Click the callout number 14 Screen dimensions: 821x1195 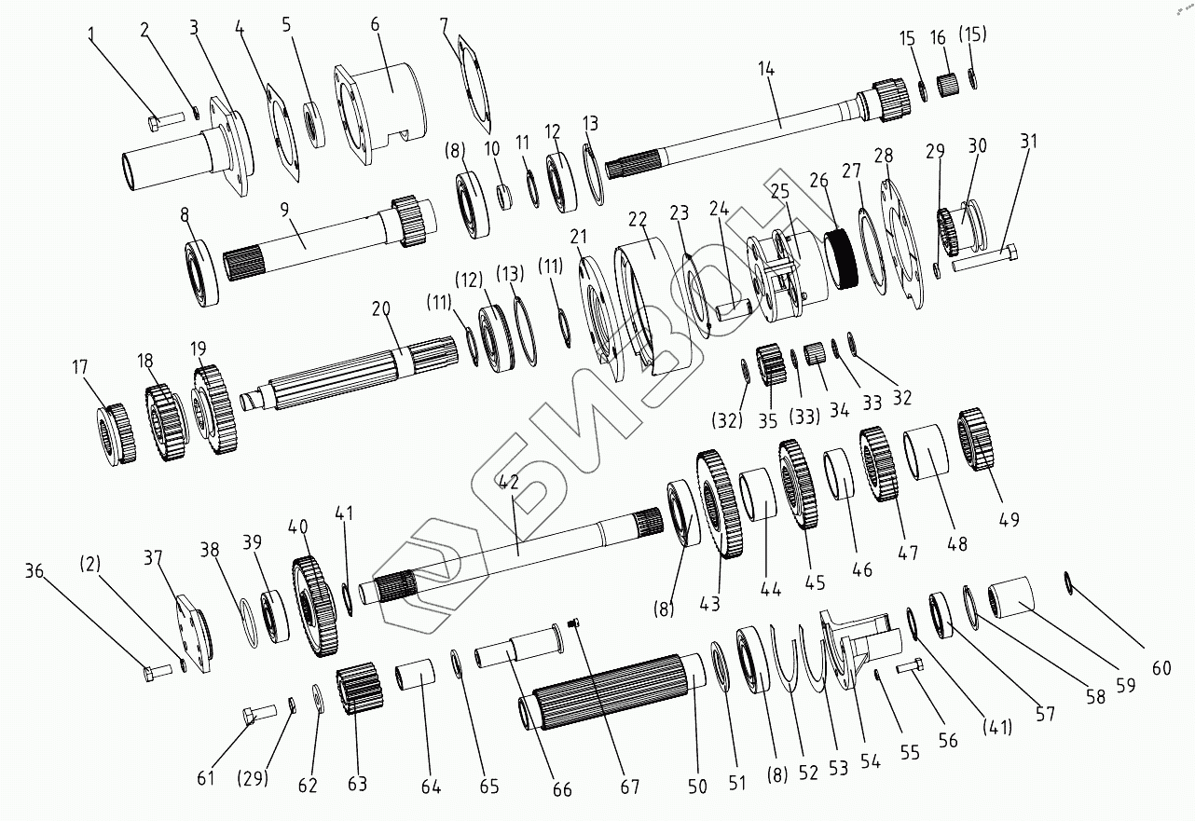[766, 69]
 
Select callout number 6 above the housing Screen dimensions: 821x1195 [375, 24]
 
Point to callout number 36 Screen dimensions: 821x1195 [34, 571]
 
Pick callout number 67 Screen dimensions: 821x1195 [630, 787]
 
